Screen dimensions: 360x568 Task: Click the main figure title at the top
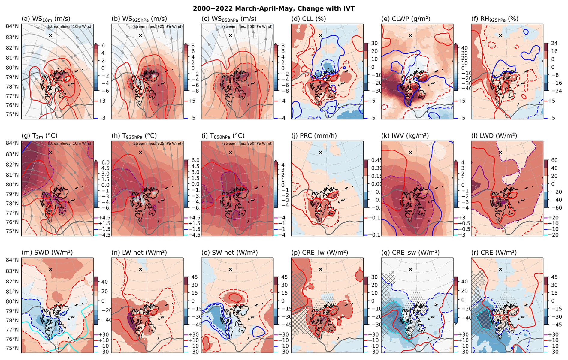273,8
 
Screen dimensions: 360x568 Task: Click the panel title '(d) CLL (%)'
308,19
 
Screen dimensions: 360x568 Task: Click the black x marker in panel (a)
50,35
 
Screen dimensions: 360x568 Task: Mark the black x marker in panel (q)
410,269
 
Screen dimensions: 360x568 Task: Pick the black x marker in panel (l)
500,152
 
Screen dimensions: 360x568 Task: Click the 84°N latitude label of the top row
12,26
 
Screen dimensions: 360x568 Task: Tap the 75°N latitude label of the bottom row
12,349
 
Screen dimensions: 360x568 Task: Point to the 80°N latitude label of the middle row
12,185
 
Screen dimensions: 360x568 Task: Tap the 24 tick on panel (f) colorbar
554,43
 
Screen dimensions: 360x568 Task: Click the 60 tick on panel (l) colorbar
554,160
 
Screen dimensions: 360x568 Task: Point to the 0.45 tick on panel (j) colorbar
376,160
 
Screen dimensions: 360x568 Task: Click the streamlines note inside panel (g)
70,144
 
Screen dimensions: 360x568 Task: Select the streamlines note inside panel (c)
247,26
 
